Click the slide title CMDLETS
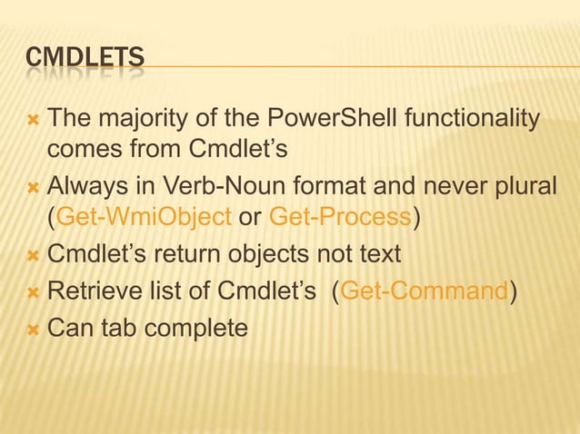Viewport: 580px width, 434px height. click(x=85, y=60)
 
